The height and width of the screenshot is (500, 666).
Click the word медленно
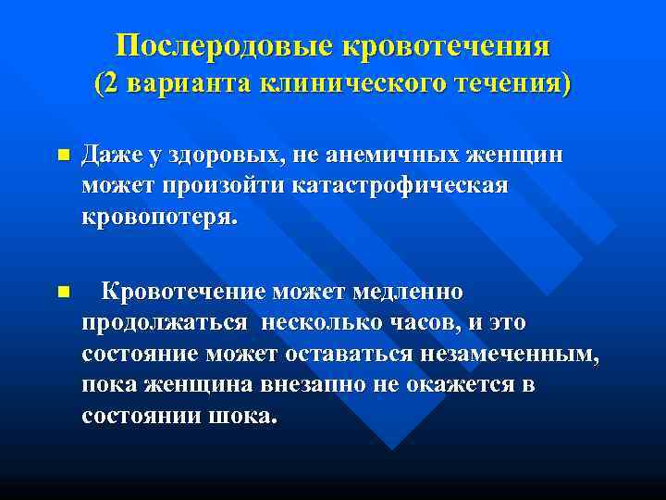pos(416,292)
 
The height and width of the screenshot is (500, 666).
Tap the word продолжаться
pos(165,323)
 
